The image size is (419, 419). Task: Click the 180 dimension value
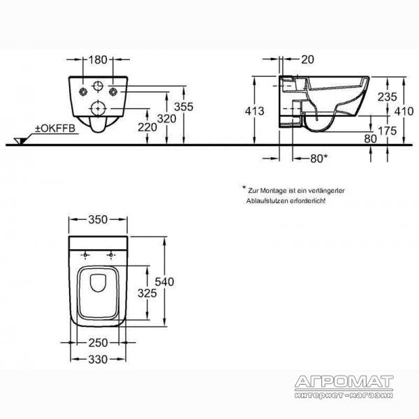point(98,60)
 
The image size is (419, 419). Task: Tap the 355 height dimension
point(184,107)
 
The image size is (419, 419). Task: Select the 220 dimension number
point(147,127)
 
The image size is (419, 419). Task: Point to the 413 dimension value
point(255,111)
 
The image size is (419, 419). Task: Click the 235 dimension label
point(387,97)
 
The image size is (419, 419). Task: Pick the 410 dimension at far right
point(404,111)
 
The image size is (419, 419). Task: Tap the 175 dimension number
point(387,131)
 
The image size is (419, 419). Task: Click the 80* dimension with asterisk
point(319,159)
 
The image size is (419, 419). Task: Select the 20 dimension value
point(307,59)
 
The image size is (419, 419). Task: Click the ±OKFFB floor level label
point(55,128)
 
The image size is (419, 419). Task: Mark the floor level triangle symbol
point(20,141)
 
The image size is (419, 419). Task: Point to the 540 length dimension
point(164,281)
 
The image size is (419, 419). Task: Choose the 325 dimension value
point(147,293)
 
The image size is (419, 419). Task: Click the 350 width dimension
point(98,219)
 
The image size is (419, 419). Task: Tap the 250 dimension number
point(98,343)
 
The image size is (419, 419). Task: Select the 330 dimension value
point(98,360)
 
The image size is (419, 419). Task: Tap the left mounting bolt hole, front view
point(84,91)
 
